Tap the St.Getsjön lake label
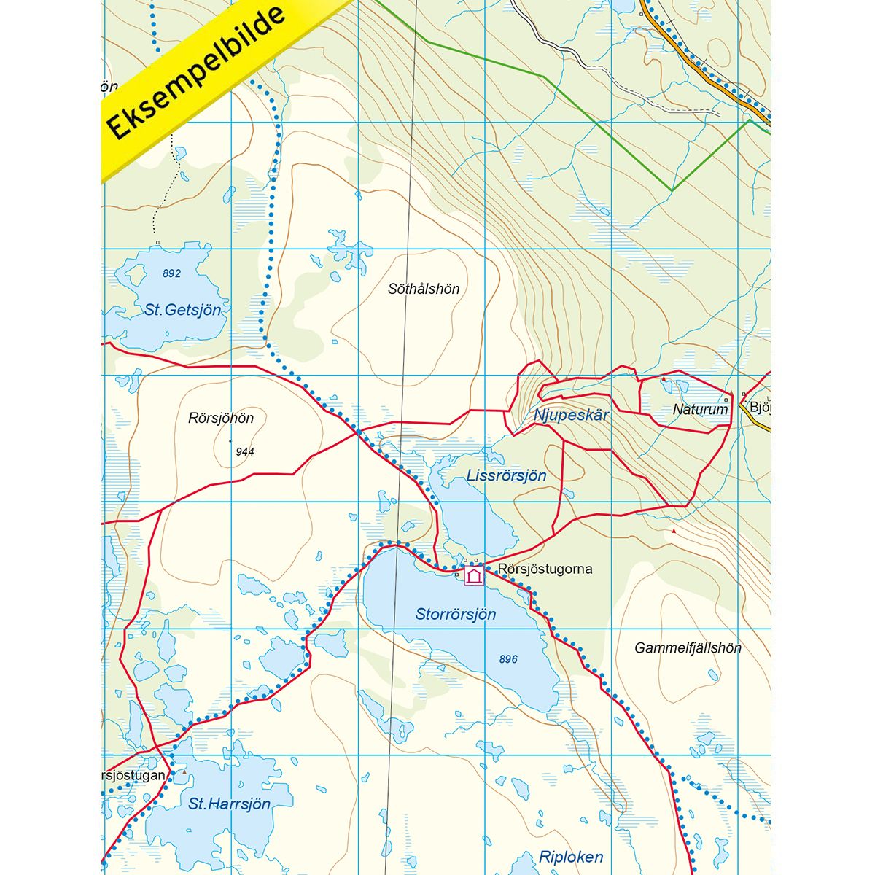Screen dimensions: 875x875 pyautogui.click(x=182, y=310)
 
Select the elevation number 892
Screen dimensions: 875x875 pyautogui.click(x=171, y=273)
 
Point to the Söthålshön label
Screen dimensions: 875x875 pyautogui.click(x=424, y=289)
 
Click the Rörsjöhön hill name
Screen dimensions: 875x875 pyautogui.click(x=221, y=419)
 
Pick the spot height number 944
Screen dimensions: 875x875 pyautogui.click(x=245, y=452)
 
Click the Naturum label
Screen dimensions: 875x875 pyautogui.click(x=700, y=410)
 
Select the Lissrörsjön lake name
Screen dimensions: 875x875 pyautogui.click(x=506, y=476)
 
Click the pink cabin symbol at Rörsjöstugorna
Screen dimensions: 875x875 pyautogui.click(x=474, y=576)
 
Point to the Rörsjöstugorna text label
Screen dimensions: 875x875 pyautogui.click(x=545, y=569)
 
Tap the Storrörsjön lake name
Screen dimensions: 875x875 pyautogui.click(x=456, y=615)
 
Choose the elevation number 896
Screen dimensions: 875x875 pyautogui.click(x=508, y=659)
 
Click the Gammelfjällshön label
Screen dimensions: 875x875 pyautogui.click(x=688, y=647)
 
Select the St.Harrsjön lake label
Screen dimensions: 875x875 pyautogui.click(x=229, y=804)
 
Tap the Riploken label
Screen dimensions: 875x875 pyautogui.click(x=571, y=857)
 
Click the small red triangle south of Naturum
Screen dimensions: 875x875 pyautogui.click(x=674, y=531)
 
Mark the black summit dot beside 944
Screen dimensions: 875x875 pyautogui.click(x=230, y=441)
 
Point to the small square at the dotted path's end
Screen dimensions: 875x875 pyautogui.click(x=157, y=242)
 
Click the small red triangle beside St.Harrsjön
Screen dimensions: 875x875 pyautogui.click(x=184, y=771)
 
